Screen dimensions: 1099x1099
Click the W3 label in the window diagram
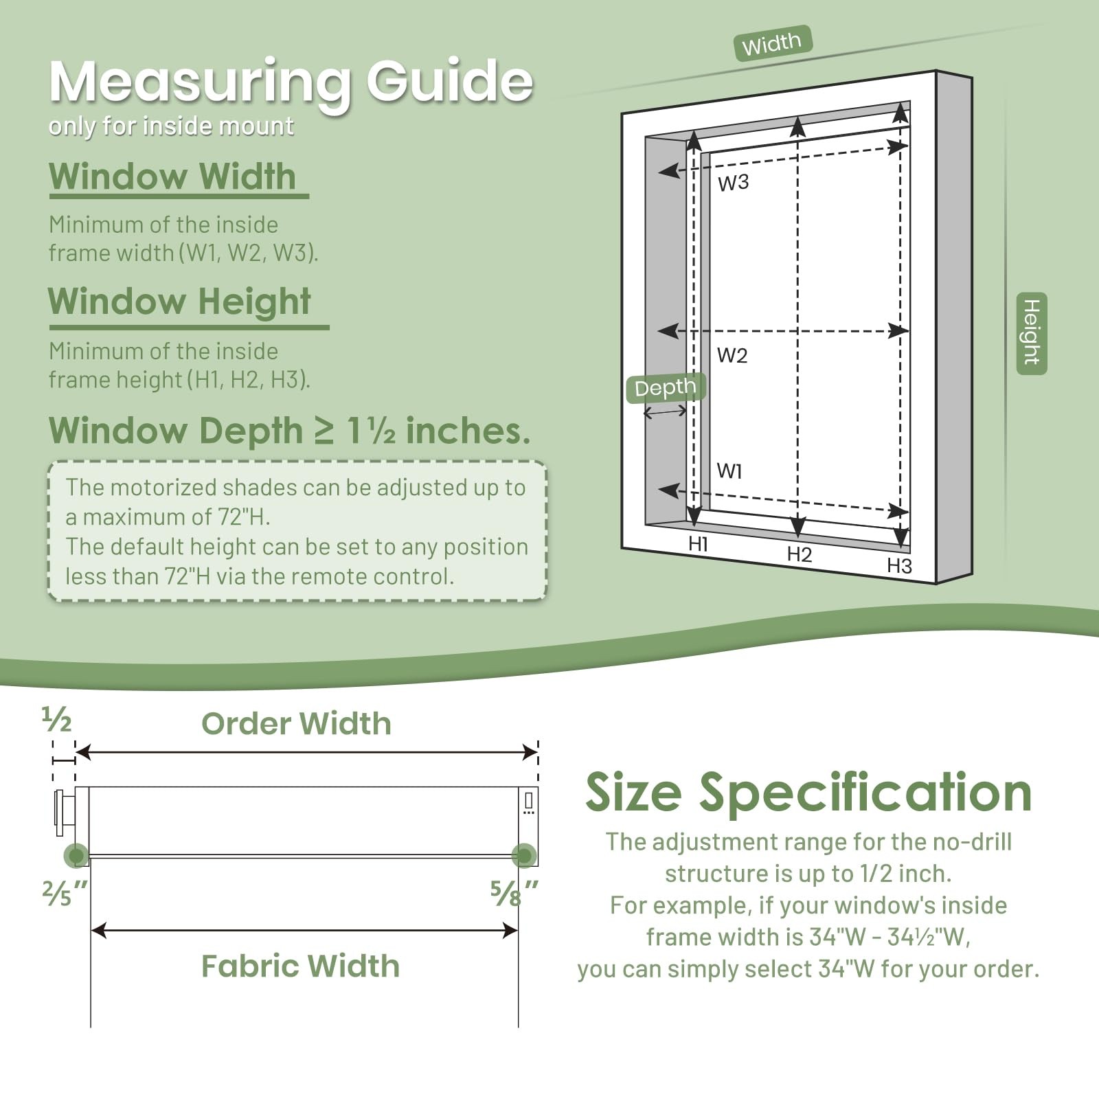click(x=733, y=183)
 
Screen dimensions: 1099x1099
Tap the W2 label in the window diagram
click(x=732, y=355)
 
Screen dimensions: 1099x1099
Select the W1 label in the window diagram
click(x=729, y=471)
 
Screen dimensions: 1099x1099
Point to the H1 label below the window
click(x=698, y=544)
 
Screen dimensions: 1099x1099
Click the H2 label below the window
click(x=800, y=554)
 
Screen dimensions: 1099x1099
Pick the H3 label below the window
click(x=899, y=565)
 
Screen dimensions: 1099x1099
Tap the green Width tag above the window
click(x=773, y=43)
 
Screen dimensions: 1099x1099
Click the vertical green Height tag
click(x=1032, y=333)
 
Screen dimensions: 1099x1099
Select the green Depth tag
click(x=666, y=387)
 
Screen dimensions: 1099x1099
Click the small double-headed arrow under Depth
click(x=665, y=412)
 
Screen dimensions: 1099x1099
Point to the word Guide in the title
click(x=450, y=81)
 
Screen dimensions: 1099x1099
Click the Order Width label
click(x=296, y=723)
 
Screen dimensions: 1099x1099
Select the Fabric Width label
click(x=300, y=966)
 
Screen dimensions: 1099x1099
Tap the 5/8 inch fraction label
click(x=514, y=893)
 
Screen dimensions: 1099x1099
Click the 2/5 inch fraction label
click(x=65, y=893)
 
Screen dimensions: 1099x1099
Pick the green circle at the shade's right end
click(x=524, y=855)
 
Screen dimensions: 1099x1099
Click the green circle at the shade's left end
click(x=76, y=855)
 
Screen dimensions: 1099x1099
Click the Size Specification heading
click(x=808, y=793)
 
